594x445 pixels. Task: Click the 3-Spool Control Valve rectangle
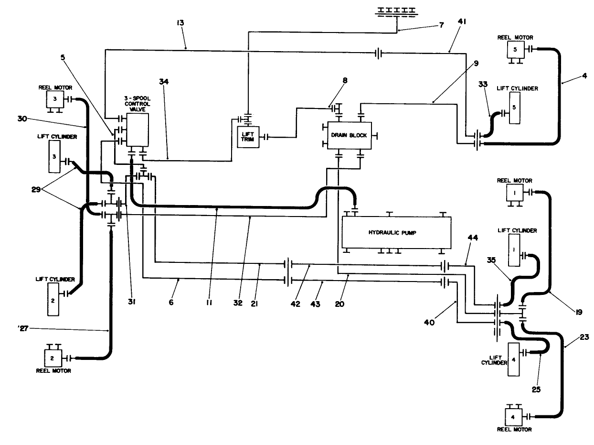coord(138,130)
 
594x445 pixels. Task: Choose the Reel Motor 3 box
coord(54,99)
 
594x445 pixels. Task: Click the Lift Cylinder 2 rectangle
coord(53,299)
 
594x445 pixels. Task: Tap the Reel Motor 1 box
coord(515,193)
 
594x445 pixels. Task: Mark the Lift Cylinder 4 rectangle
coord(514,359)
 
